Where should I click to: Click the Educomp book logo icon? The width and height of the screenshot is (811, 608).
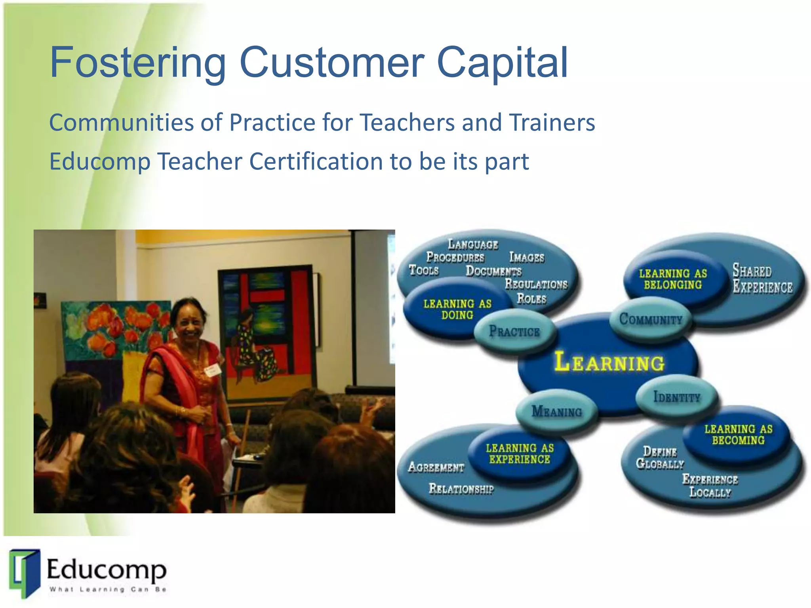point(25,573)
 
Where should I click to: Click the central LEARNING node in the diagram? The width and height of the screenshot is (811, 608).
point(609,362)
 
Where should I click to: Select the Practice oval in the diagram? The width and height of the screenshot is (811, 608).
point(514,331)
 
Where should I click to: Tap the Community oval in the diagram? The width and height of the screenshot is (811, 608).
point(651,319)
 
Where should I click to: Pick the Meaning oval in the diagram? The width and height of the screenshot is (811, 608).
point(556,412)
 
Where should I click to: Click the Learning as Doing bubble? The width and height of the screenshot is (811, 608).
point(457,310)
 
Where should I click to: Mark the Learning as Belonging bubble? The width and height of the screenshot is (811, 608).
point(672,279)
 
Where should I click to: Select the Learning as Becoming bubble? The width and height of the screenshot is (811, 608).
point(738,435)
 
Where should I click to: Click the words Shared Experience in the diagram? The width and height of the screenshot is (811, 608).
point(762,279)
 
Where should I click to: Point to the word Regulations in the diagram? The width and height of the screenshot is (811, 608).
point(536,284)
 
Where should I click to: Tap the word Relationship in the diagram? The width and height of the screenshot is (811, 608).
point(461,489)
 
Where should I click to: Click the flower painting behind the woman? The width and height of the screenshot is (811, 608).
point(115,329)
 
